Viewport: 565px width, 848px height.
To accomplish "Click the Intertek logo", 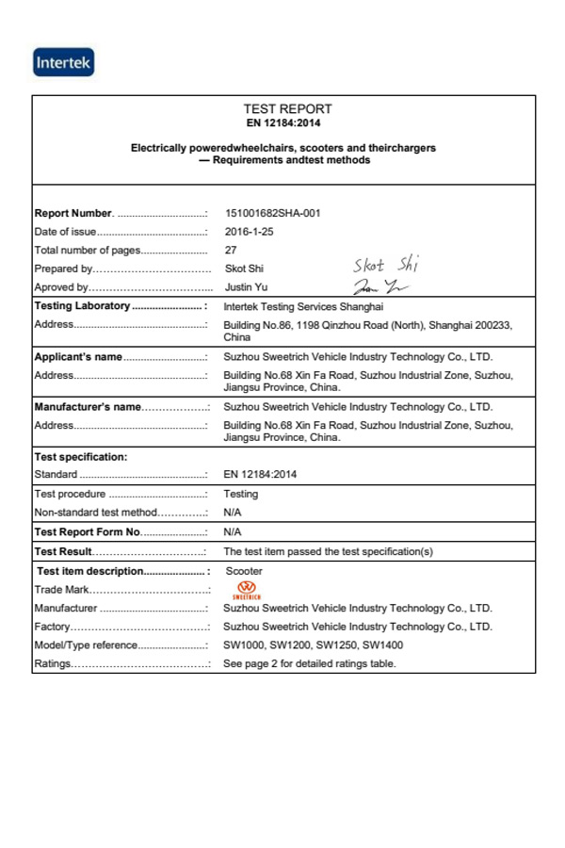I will [64, 63].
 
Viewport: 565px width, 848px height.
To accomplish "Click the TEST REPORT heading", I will [287, 109].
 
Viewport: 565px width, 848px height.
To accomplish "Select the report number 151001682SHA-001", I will [273, 213].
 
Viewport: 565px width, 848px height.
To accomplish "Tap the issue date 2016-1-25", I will [250, 232].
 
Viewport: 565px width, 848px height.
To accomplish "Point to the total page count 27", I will [231, 251].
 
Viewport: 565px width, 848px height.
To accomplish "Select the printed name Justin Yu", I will [247, 287].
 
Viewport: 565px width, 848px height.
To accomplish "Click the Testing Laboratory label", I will [82, 306].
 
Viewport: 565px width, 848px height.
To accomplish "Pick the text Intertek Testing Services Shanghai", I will [303, 306].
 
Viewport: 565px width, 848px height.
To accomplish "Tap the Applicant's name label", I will [78, 357].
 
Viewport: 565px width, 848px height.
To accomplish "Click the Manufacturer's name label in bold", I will [88, 407].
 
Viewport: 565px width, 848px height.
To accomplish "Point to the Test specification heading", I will [80, 457].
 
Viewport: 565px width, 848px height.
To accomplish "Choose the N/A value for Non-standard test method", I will [233, 513].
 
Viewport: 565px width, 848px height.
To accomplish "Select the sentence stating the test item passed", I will [328, 551].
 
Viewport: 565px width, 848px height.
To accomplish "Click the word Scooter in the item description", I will [245, 571].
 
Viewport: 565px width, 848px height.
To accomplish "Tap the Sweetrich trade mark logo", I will [244, 590].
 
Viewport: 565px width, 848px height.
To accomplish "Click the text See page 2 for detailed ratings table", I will [309, 663].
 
